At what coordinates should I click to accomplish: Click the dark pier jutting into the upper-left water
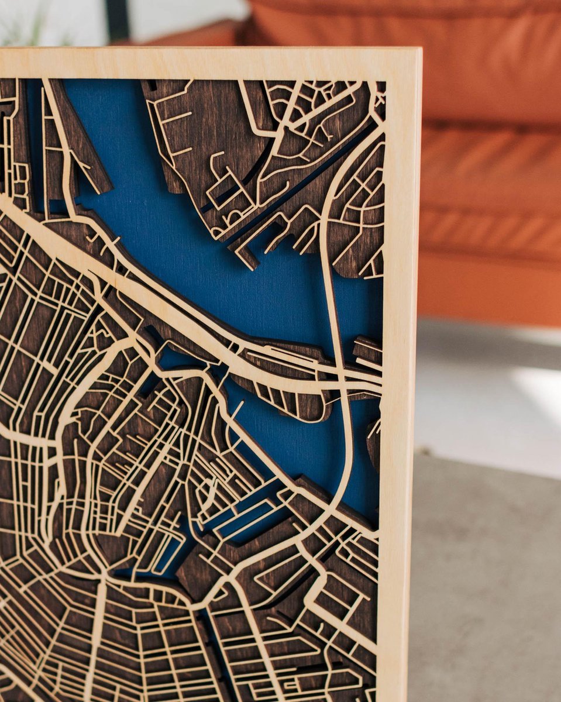click(x=88, y=158)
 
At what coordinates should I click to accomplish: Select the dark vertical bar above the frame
click(x=117, y=20)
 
